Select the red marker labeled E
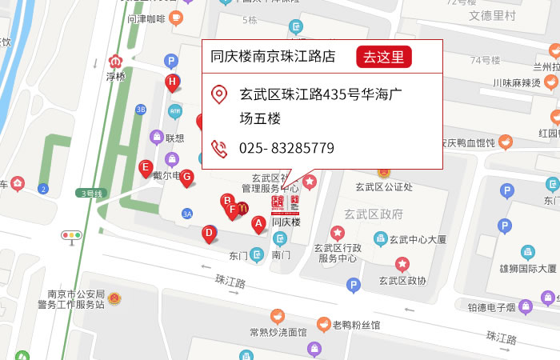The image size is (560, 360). click(x=146, y=168)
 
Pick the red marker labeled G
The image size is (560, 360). click(x=186, y=177)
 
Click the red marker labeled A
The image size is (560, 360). click(x=258, y=224)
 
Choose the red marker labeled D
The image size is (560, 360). click(x=209, y=233)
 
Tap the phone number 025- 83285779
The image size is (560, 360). click(x=286, y=148)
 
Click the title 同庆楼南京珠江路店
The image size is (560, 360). click(x=273, y=57)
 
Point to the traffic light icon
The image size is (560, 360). click(x=72, y=235)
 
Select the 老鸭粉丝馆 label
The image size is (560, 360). click(x=356, y=325)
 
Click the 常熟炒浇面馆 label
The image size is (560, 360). click(x=278, y=332)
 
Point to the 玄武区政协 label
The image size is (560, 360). click(x=402, y=280)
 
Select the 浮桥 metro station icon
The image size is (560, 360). click(x=116, y=61)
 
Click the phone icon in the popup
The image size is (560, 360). click(x=218, y=148)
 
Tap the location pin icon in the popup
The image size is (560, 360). click(x=218, y=94)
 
